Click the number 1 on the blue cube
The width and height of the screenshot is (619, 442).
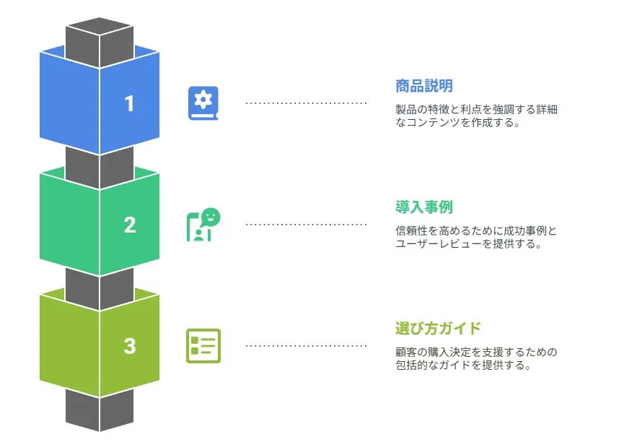129,103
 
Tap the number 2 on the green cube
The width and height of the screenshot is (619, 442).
129,225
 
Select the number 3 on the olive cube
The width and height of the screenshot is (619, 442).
129,346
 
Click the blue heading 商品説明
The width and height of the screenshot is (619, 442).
424,86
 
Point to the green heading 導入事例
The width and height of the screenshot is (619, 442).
424,207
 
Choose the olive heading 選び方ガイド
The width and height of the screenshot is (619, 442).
438,328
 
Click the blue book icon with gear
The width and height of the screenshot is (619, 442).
203,103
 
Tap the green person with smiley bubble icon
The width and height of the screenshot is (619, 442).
203,225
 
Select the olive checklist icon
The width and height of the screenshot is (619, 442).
203,346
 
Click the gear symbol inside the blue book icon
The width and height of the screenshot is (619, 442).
203,100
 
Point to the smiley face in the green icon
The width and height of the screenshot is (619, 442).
211,217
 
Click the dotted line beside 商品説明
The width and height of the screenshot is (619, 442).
306,103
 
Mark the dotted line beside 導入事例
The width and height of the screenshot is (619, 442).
306,225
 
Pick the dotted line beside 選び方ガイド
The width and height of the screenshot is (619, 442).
306,346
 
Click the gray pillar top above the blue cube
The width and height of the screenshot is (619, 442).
99,41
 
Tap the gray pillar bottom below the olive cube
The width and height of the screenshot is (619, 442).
99,410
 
